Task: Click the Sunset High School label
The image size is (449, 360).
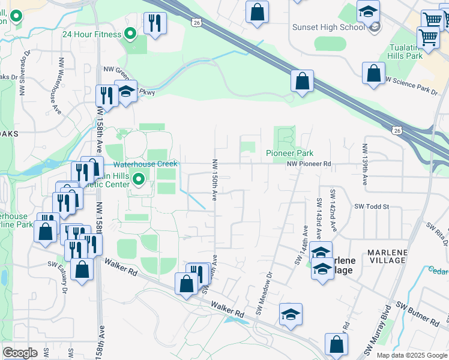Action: point(328,27)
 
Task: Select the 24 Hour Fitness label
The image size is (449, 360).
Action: point(92,34)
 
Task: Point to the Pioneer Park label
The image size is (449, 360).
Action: point(290,153)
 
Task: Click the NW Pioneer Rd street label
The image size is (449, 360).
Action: point(309,163)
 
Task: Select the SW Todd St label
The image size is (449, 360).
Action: point(372,206)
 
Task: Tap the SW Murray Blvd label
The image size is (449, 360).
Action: point(377,339)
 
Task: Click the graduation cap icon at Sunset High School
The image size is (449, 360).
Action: point(368,11)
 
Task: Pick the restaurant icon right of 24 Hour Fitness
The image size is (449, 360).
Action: point(155,23)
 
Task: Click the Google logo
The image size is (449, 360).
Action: point(20,352)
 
